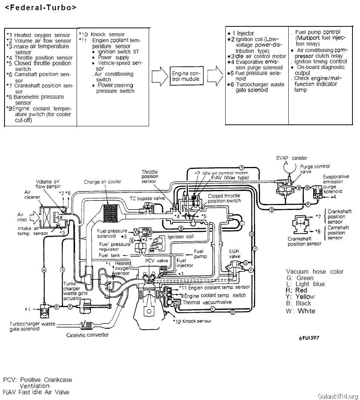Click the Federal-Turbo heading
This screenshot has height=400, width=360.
click(40, 8)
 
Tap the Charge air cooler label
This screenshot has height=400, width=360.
click(103, 182)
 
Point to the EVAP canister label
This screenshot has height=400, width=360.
click(292, 158)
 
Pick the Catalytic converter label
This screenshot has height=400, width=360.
click(87, 335)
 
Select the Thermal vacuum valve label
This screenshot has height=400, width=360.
click(206, 302)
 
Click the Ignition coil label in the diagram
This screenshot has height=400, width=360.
click(180, 237)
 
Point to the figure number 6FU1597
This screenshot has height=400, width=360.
click(308, 337)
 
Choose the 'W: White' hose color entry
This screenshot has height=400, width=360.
click(301, 311)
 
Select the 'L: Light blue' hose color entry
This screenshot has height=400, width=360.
click(305, 284)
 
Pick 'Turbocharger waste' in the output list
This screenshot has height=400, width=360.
click(260, 84)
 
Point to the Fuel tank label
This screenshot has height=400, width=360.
click(109, 255)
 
